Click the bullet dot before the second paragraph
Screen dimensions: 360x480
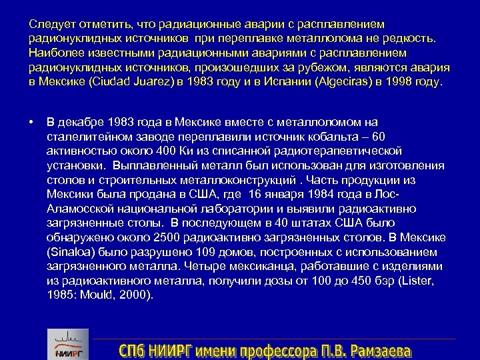(x=32, y=121)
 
